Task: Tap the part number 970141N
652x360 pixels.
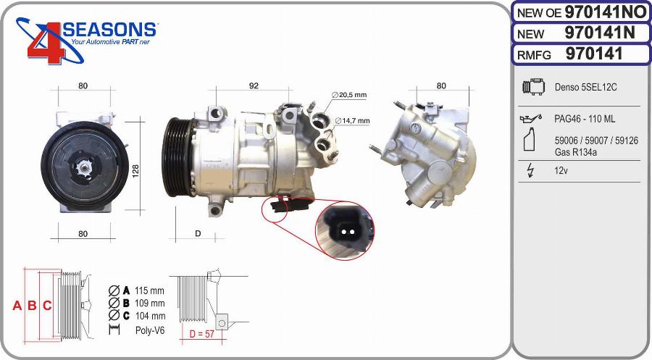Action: point(599,33)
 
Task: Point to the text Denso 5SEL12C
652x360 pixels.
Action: point(586,88)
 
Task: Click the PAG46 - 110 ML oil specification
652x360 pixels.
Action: point(585,119)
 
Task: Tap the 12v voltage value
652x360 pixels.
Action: point(560,171)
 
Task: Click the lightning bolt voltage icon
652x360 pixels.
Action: point(531,171)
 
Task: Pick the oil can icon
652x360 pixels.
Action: point(531,118)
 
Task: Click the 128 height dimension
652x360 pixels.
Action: point(135,171)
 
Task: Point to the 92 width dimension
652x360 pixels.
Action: point(254,86)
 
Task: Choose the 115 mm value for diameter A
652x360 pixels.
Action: point(150,290)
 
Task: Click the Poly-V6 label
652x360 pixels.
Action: point(150,330)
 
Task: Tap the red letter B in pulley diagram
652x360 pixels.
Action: point(32,306)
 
